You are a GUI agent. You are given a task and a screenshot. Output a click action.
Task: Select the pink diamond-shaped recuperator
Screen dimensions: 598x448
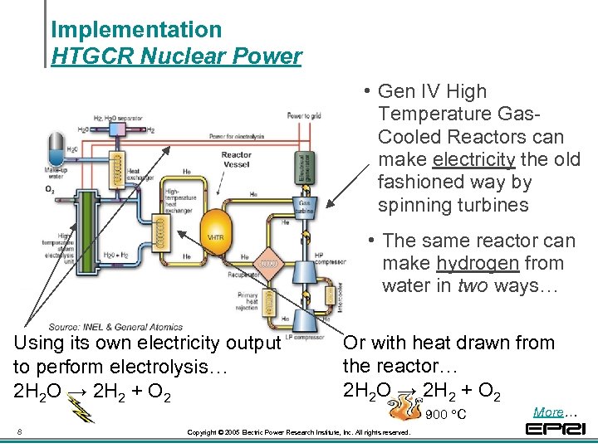pos(267,263)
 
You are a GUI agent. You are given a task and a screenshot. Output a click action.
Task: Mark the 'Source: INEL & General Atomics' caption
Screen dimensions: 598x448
pos(115,327)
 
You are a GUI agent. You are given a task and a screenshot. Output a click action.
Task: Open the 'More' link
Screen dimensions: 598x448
pos(548,411)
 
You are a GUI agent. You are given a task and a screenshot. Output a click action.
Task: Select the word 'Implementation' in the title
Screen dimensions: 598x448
pos(136,30)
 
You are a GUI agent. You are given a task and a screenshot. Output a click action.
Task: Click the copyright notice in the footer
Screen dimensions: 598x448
pos(298,433)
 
